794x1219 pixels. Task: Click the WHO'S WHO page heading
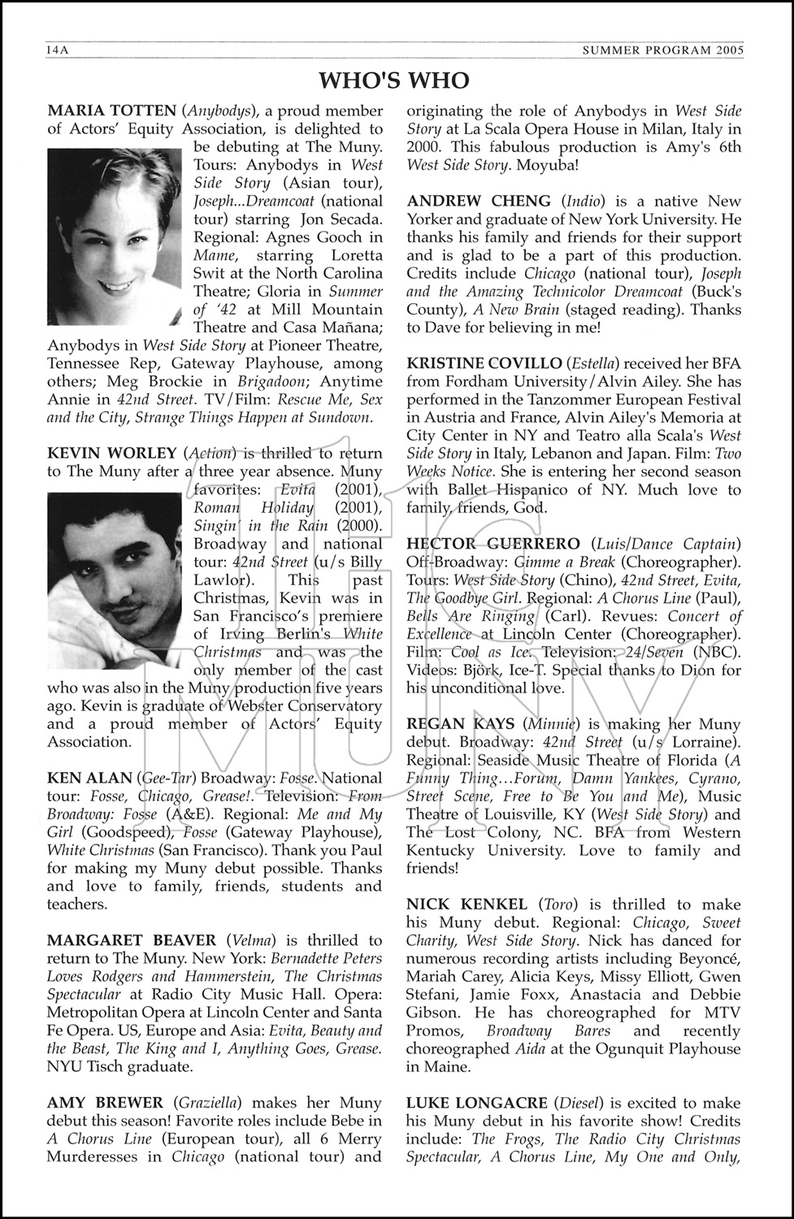coord(394,80)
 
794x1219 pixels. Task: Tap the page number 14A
coord(59,50)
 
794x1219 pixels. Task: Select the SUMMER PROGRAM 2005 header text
coord(663,50)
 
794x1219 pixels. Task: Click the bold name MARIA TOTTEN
coord(111,111)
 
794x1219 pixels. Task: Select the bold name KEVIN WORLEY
coord(111,453)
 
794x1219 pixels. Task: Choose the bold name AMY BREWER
coord(105,1103)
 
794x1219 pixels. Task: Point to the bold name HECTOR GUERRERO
coord(493,544)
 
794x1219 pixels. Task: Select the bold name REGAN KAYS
coord(460,724)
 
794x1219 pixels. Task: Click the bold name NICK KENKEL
coord(466,904)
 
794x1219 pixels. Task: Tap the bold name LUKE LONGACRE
coord(477,1103)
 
